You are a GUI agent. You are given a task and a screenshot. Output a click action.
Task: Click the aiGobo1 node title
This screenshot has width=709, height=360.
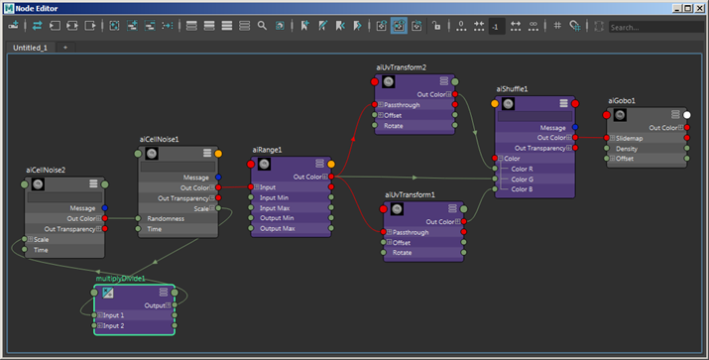coord(621,100)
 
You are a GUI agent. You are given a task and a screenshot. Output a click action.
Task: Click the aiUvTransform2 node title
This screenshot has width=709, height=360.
coord(402,67)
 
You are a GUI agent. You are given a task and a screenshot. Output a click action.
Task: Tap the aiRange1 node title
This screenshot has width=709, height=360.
coord(267,150)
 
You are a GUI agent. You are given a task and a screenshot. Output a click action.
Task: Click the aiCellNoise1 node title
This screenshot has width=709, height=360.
coord(160,140)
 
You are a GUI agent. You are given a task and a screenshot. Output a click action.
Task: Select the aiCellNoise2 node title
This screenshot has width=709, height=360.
coord(46,171)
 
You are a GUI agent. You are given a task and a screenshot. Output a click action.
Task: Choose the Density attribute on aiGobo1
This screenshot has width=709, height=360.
coord(628,149)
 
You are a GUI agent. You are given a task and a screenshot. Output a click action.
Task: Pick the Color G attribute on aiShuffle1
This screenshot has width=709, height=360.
coord(522,179)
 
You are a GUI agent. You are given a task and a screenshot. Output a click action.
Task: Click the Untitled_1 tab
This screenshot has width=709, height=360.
coord(33,47)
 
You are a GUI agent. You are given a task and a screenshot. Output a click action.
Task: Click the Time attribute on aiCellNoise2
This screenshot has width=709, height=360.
coord(41,250)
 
